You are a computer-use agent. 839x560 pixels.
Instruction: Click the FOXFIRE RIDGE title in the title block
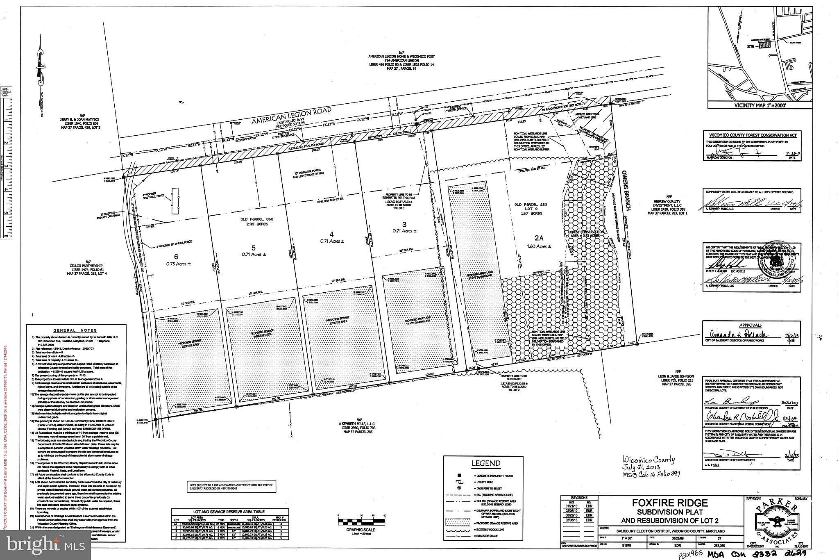pyautogui.click(x=670, y=503)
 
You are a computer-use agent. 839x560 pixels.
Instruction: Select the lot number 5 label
pyautogui.click(x=254, y=248)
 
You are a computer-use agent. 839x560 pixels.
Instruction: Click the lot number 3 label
pyautogui.click(x=404, y=224)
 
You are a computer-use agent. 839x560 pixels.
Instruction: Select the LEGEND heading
pyautogui.click(x=486, y=464)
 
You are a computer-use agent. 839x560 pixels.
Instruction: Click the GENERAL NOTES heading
pyautogui.click(x=75, y=330)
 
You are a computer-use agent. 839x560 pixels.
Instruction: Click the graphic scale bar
pyautogui.click(x=362, y=522)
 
